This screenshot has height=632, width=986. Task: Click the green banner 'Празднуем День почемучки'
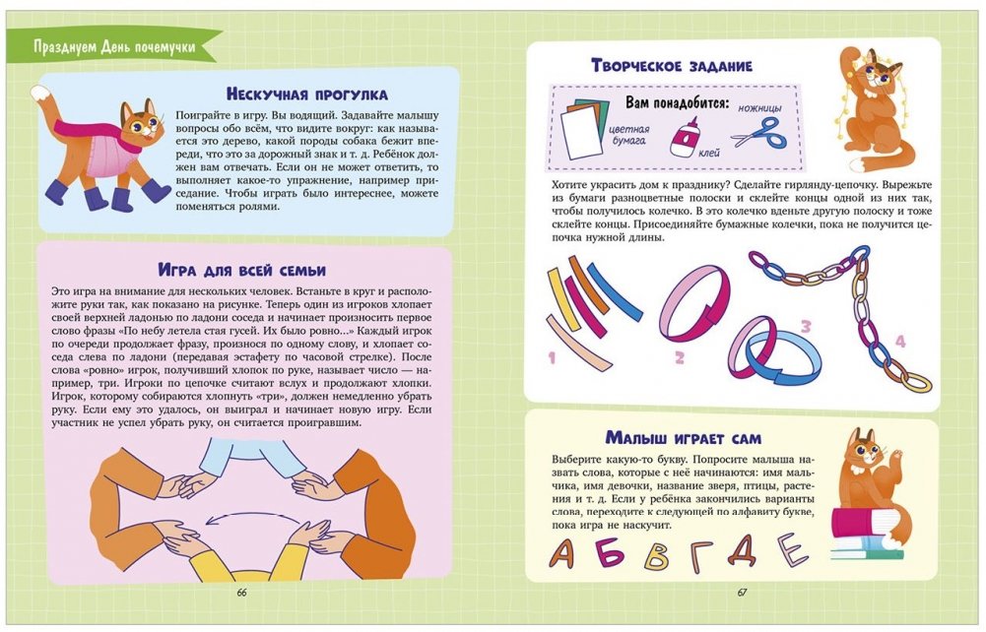point(113,46)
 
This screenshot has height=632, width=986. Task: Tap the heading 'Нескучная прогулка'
point(307,95)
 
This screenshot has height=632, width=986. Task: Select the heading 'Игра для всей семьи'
point(242,271)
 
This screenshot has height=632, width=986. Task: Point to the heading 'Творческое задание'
point(672,65)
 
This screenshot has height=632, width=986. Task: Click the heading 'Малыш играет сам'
point(684,438)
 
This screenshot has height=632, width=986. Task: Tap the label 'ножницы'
point(759,108)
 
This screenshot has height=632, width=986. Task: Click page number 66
point(242,593)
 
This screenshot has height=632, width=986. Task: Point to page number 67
point(742,593)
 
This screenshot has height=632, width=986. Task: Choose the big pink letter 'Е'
point(792,549)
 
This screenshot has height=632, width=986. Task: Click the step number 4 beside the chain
point(900,342)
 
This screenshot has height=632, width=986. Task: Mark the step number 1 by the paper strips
point(553,358)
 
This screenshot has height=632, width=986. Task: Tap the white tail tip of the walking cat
point(39,94)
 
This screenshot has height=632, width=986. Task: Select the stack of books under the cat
point(867,534)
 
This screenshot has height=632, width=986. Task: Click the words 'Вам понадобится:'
point(677,103)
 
